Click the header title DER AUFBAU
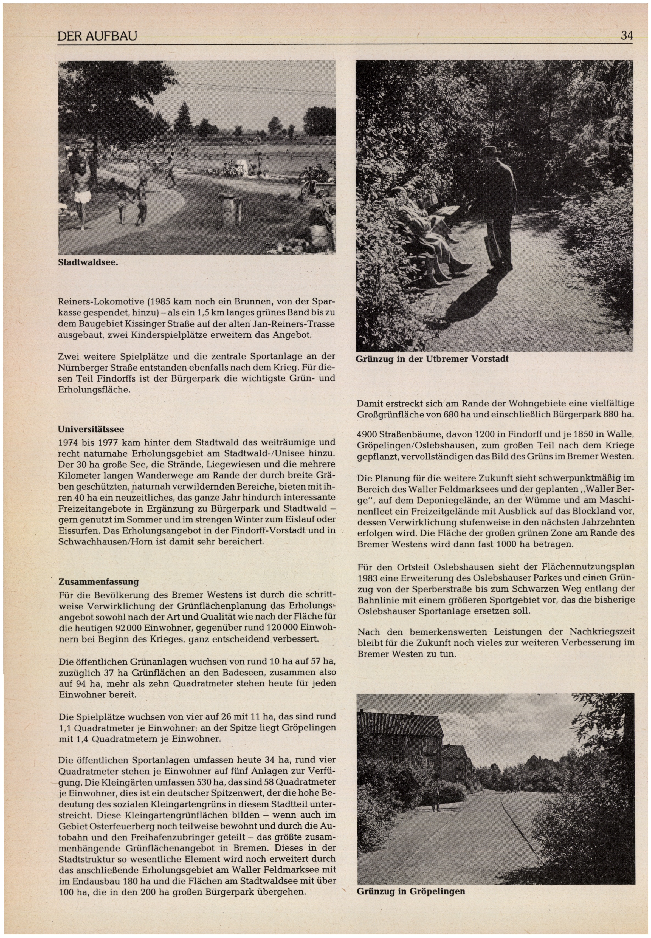click(x=97, y=37)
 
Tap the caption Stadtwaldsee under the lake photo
click(x=88, y=262)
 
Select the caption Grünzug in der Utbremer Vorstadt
click(x=432, y=359)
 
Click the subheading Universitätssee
click(x=91, y=429)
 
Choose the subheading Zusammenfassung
click(x=99, y=581)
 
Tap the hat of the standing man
click(x=491, y=150)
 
